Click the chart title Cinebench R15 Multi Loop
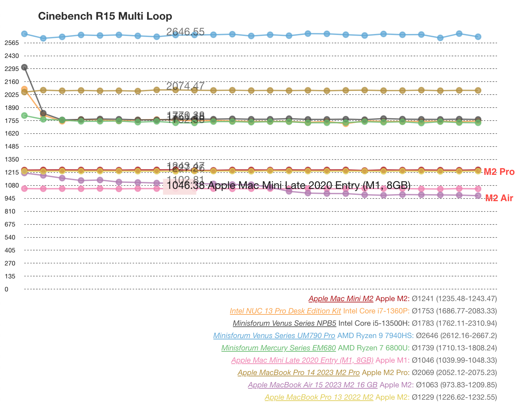(x=105, y=16)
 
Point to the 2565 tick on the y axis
(x=12, y=43)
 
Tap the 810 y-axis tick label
(x=10, y=211)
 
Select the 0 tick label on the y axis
(x=6, y=289)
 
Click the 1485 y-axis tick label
(x=12, y=147)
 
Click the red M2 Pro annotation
(x=499, y=172)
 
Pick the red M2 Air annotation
(x=499, y=199)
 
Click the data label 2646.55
(x=185, y=32)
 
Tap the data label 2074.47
(x=185, y=86)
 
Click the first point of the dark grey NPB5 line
(x=24, y=67)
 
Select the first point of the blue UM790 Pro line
(x=24, y=34)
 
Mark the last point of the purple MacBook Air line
(x=478, y=196)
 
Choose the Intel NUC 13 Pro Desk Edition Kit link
(x=285, y=311)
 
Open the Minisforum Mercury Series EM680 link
(x=279, y=348)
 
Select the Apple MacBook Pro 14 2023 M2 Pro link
(x=299, y=373)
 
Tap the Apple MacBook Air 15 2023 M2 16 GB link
(x=313, y=385)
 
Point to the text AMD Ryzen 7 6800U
(x=374, y=348)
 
